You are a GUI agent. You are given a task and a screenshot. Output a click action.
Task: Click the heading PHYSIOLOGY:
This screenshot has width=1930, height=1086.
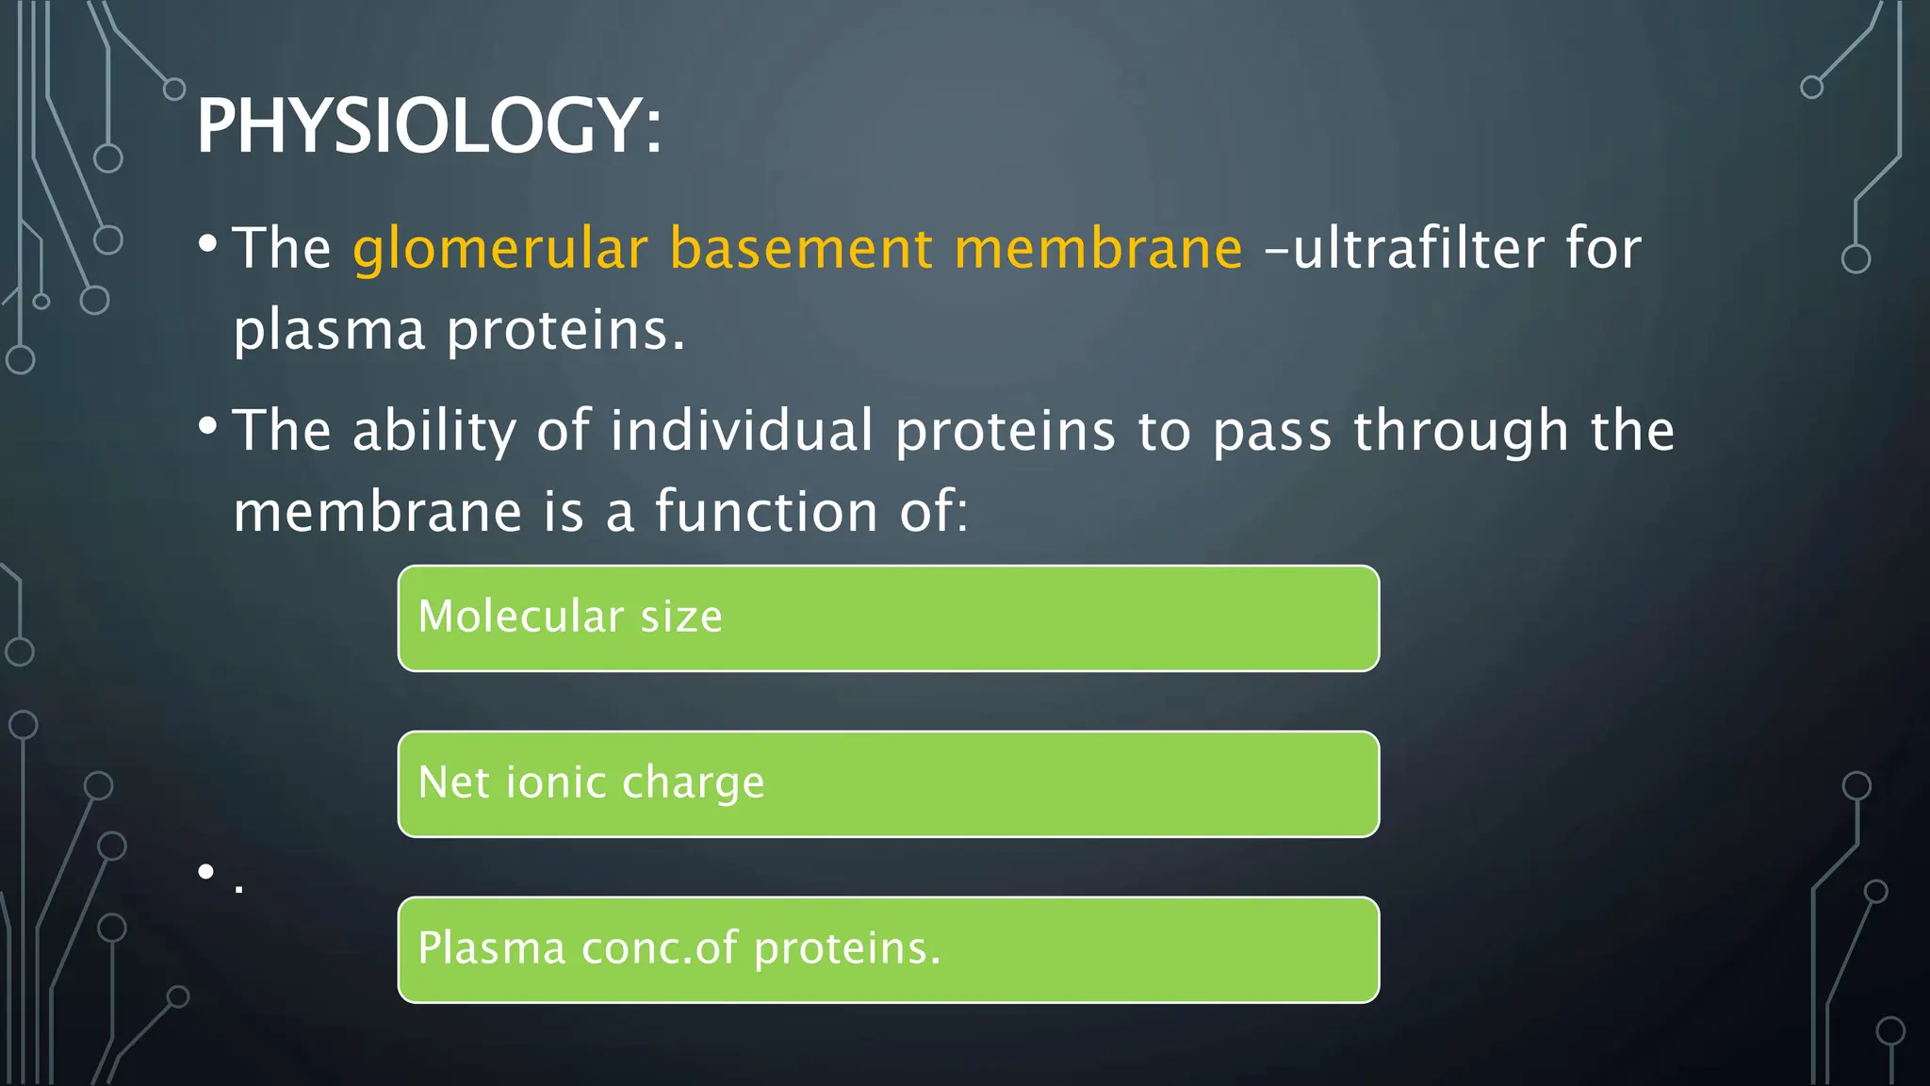(x=429, y=126)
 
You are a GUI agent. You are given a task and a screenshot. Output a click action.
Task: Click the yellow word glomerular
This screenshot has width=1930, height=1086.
(x=500, y=251)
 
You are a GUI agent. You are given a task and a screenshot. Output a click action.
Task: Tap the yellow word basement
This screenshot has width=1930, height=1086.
(x=801, y=249)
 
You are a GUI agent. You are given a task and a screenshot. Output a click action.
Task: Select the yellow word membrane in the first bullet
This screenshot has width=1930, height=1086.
(x=1098, y=249)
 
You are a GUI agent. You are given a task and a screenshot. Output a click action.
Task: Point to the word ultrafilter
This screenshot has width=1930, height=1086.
(x=1419, y=249)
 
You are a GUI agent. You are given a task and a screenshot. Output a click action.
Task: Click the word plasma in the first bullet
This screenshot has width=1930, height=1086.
(x=329, y=332)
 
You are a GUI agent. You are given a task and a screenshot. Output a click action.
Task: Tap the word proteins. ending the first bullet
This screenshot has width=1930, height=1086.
(x=565, y=332)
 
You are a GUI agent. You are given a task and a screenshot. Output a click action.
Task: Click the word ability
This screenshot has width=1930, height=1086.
(x=434, y=432)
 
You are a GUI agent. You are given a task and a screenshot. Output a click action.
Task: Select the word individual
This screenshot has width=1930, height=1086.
(x=742, y=431)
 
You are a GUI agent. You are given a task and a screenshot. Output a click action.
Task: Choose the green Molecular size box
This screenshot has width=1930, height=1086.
(x=889, y=618)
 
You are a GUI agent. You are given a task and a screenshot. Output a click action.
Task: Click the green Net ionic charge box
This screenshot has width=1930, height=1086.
(x=889, y=784)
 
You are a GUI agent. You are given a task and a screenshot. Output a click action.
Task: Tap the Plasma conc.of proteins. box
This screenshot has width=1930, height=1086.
(x=889, y=949)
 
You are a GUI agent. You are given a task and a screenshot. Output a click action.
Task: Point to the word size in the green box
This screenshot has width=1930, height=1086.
(x=681, y=617)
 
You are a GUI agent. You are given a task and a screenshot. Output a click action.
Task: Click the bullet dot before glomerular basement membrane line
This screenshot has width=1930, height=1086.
(x=208, y=245)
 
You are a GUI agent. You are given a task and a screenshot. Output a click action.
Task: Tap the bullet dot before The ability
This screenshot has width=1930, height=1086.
(x=208, y=427)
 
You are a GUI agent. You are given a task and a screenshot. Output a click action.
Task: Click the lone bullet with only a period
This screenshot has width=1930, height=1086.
(x=206, y=872)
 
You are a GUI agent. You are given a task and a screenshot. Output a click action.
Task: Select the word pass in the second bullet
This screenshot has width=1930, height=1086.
(x=1271, y=433)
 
